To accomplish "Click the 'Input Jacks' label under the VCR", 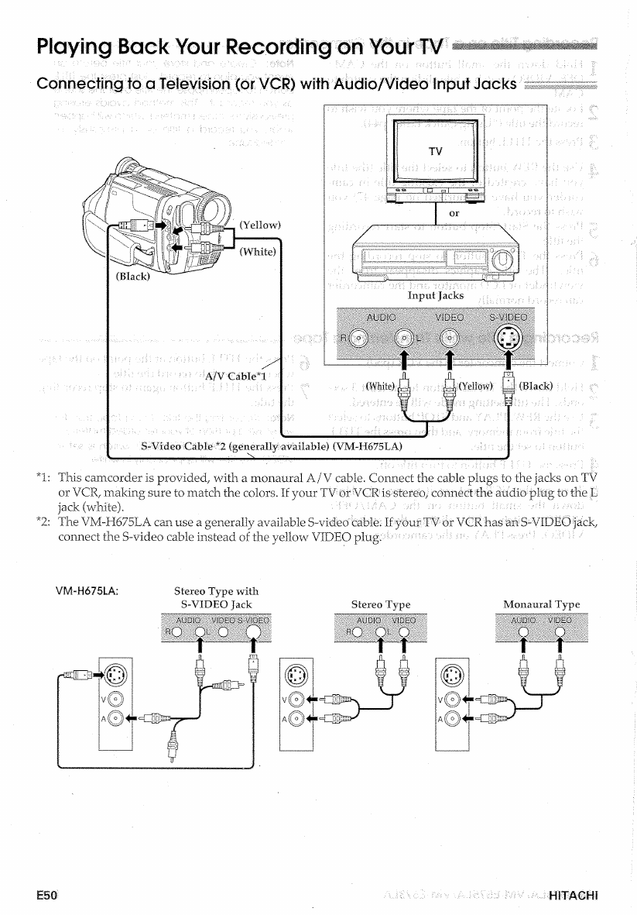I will tap(436, 295).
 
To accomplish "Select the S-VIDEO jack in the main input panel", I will tap(506, 338).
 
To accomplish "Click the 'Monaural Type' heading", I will tap(541, 604).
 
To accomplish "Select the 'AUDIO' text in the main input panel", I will tap(380, 316).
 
